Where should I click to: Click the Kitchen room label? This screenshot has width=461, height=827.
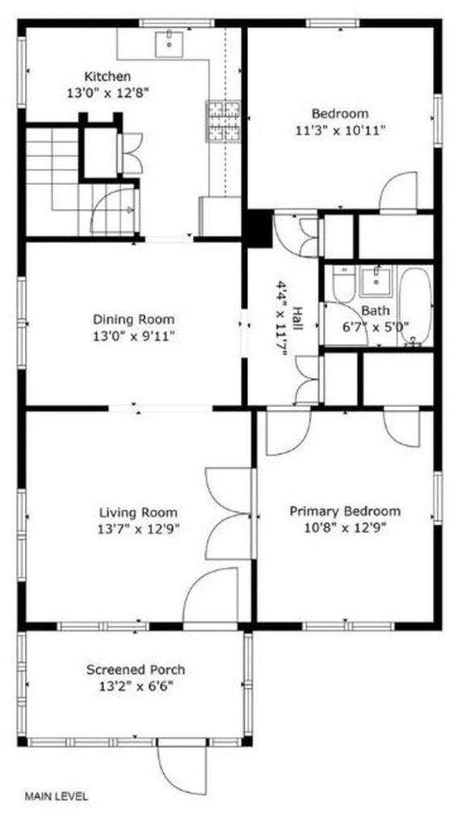(107, 77)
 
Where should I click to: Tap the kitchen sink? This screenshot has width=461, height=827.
(170, 44)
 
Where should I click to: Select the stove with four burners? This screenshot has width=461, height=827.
(224, 121)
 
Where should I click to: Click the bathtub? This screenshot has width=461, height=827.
(415, 306)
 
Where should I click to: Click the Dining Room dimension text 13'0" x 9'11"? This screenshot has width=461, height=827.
(133, 336)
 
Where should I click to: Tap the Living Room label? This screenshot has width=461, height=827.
(138, 513)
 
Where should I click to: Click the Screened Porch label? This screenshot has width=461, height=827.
(136, 670)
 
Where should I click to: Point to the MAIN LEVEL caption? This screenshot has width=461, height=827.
(57, 796)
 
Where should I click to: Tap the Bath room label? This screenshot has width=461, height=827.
(375, 311)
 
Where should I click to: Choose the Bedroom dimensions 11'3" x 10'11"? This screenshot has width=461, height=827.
(340, 130)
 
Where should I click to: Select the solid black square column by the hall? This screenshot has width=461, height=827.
(258, 227)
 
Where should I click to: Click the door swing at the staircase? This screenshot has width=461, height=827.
(113, 212)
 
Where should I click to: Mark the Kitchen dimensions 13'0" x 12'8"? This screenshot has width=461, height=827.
(107, 94)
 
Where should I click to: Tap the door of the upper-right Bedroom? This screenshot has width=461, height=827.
(398, 191)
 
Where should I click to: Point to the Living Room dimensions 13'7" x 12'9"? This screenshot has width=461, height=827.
(139, 529)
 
